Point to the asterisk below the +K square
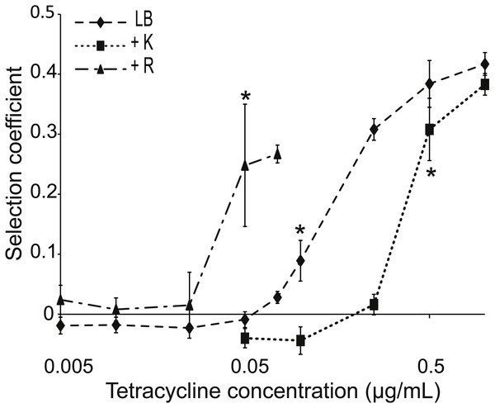[431, 174]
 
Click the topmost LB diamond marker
[484, 64]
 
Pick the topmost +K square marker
[484, 84]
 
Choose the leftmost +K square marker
[245, 338]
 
